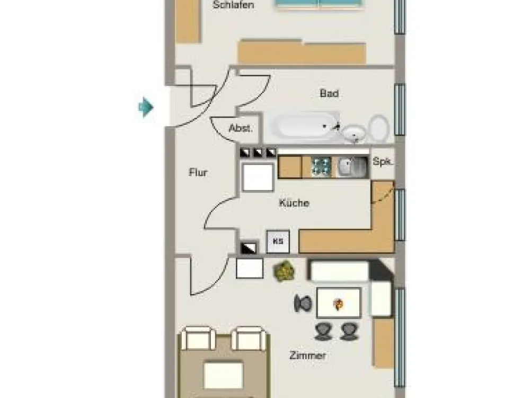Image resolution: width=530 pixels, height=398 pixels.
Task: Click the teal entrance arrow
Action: click(146, 107)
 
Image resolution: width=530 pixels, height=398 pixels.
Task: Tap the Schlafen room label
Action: click(233, 5)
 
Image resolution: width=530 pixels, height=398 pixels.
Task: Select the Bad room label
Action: click(329, 93)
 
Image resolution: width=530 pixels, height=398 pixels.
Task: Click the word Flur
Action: click(198, 172)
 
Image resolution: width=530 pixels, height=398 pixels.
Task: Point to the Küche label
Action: click(294, 203)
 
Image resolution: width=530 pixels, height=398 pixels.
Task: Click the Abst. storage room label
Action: click(241, 128)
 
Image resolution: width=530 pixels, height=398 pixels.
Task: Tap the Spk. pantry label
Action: click(383, 161)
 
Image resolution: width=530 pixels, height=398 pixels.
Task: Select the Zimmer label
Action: click(307, 356)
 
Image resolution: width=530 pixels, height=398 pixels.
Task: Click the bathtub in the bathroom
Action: click(305, 126)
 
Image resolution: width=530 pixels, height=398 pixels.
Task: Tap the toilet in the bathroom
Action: click(379, 128)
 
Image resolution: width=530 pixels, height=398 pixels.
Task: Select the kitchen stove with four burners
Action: click(321, 167)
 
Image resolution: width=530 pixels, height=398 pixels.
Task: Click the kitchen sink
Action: click(352, 167)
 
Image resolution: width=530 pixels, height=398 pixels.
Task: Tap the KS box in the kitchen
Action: click(278, 241)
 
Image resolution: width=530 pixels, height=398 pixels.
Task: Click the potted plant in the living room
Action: click(284, 271)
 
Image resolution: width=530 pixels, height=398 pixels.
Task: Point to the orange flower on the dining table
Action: click(338, 304)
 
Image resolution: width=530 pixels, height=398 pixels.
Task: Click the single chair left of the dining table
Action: click(303, 303)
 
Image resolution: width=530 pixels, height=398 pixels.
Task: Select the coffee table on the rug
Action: click(224, 375)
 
